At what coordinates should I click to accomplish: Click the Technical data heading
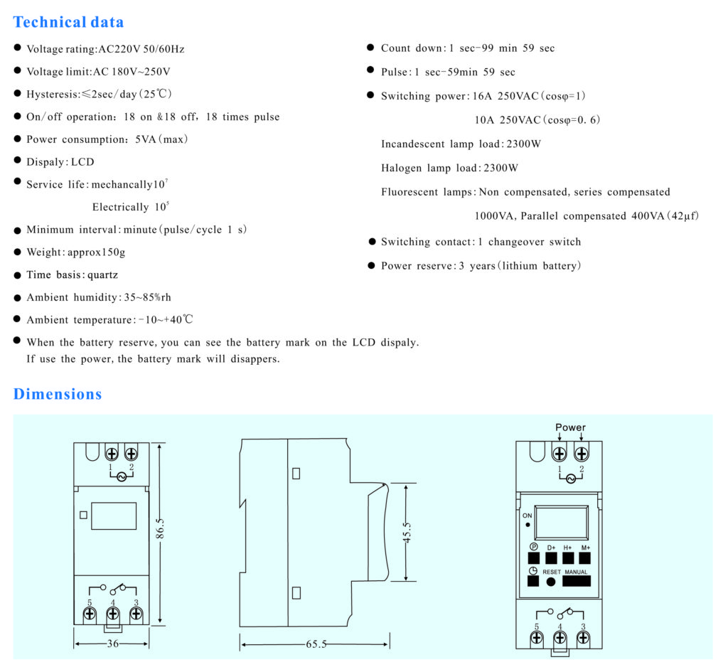(x=68, y=22)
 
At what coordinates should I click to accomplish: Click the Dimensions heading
(x=58, y=394)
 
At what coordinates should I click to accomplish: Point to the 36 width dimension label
(x=112, y=644)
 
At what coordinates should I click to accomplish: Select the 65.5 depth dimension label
(x=316, y=644)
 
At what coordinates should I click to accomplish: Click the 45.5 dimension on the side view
(x=407, y=533)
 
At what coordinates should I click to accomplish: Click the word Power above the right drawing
(x=570, y=427)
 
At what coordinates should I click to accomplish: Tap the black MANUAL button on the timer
(x=576, y=581)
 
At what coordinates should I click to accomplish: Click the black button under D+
(x=551, y=558)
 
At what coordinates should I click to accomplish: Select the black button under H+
(x=568, y=558)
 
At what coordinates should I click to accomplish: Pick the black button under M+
(x=585, y=558)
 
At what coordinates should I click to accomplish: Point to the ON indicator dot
(x=528, y=525)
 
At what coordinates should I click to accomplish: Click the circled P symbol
(x=534, y=547)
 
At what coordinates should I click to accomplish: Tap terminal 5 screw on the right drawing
(x=537, y=637)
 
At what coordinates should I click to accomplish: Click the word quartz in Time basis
(x=102, y=274)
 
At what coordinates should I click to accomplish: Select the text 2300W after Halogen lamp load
(x=500, y=169)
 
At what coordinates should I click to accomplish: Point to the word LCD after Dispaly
(x=82, y=161)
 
